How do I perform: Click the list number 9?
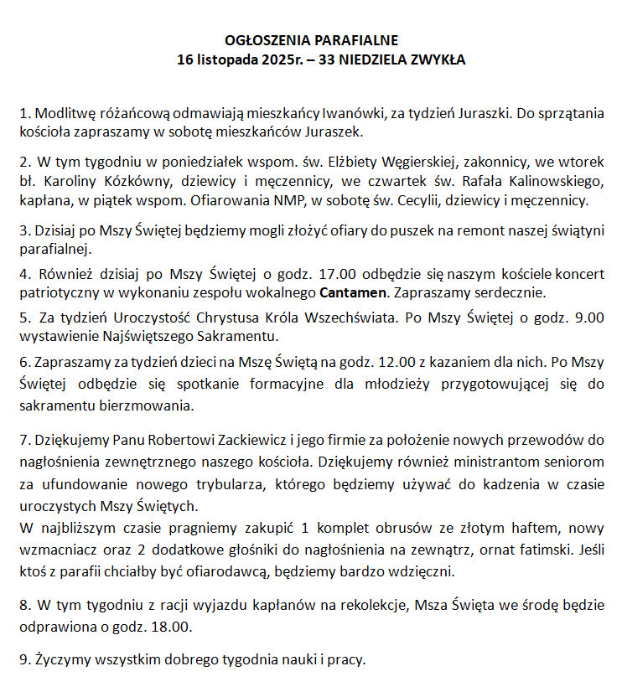23,659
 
